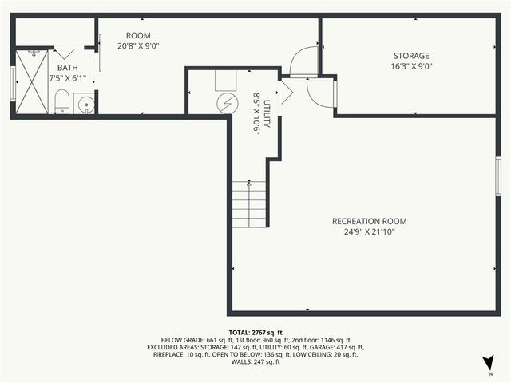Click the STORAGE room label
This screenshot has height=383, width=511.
pyautogui.click(x=411, y=56)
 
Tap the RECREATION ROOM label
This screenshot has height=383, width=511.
pyautogui.click(x=370, y=221)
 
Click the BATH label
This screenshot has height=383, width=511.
pyautogui.click(x=68, y=69)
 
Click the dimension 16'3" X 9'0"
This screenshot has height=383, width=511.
pyautogui.click(x=411, y=67)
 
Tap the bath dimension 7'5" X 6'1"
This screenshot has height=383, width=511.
pyautogui.click(x=68, y=79)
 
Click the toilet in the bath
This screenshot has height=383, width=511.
pyautogui.click(x=61, y=101)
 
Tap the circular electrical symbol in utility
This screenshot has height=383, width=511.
pyautogui.click(x=228, y=102)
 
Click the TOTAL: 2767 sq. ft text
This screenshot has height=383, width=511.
pyautogui.click(x=255, y=332)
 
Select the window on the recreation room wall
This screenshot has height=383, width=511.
pyautogui.click(x=497, y=176)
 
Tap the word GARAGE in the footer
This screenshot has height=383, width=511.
pyautogui.click(x=329, y=347)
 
